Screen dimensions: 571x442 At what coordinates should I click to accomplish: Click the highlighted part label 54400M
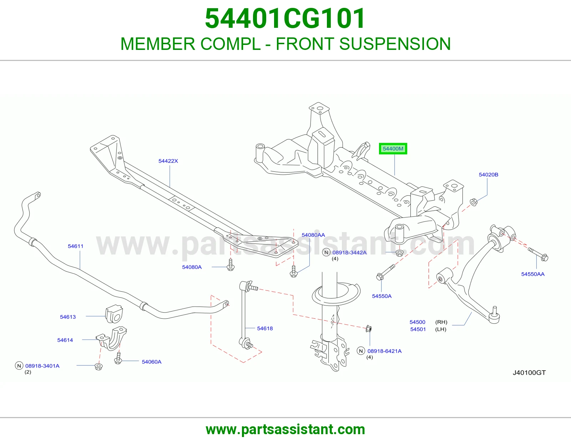[393, 149]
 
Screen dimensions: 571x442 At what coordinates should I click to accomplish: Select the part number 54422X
[168, 161]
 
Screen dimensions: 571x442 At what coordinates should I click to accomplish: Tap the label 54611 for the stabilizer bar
[75, 246]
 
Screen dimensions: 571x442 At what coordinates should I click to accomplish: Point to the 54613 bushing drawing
[114, 314]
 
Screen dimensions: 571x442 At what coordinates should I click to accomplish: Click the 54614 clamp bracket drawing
[112, 339]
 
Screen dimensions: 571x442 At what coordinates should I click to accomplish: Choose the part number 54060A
[152, 362]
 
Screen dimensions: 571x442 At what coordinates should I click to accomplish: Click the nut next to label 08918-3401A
[98, 366]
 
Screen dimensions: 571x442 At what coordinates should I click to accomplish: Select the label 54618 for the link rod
[265, 328]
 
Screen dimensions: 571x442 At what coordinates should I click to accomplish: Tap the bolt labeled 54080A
[231, 264]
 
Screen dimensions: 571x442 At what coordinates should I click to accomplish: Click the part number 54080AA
[313, 235]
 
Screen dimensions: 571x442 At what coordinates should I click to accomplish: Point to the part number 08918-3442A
[349, 252]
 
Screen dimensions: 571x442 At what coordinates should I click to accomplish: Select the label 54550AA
[533, 274]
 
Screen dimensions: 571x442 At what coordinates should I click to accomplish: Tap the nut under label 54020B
[474, 202]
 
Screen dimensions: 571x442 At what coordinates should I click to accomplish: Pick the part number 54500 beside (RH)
[417, 322]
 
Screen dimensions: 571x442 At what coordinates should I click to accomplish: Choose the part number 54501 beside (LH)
[418, 329]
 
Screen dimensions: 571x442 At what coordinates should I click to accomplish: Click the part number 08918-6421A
[384, 351]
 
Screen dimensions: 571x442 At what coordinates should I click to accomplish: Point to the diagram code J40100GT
[529, 373]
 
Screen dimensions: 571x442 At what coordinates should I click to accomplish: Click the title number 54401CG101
[285, 19]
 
